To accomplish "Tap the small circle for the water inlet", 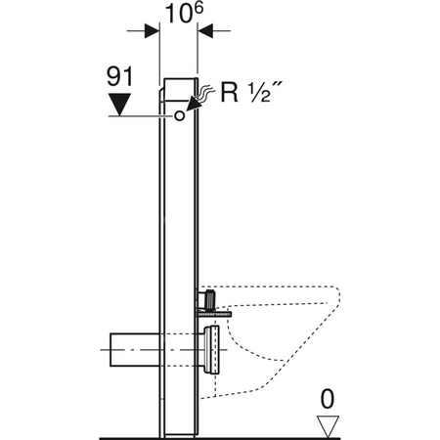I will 179,115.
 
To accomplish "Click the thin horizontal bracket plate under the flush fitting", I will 216,313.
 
